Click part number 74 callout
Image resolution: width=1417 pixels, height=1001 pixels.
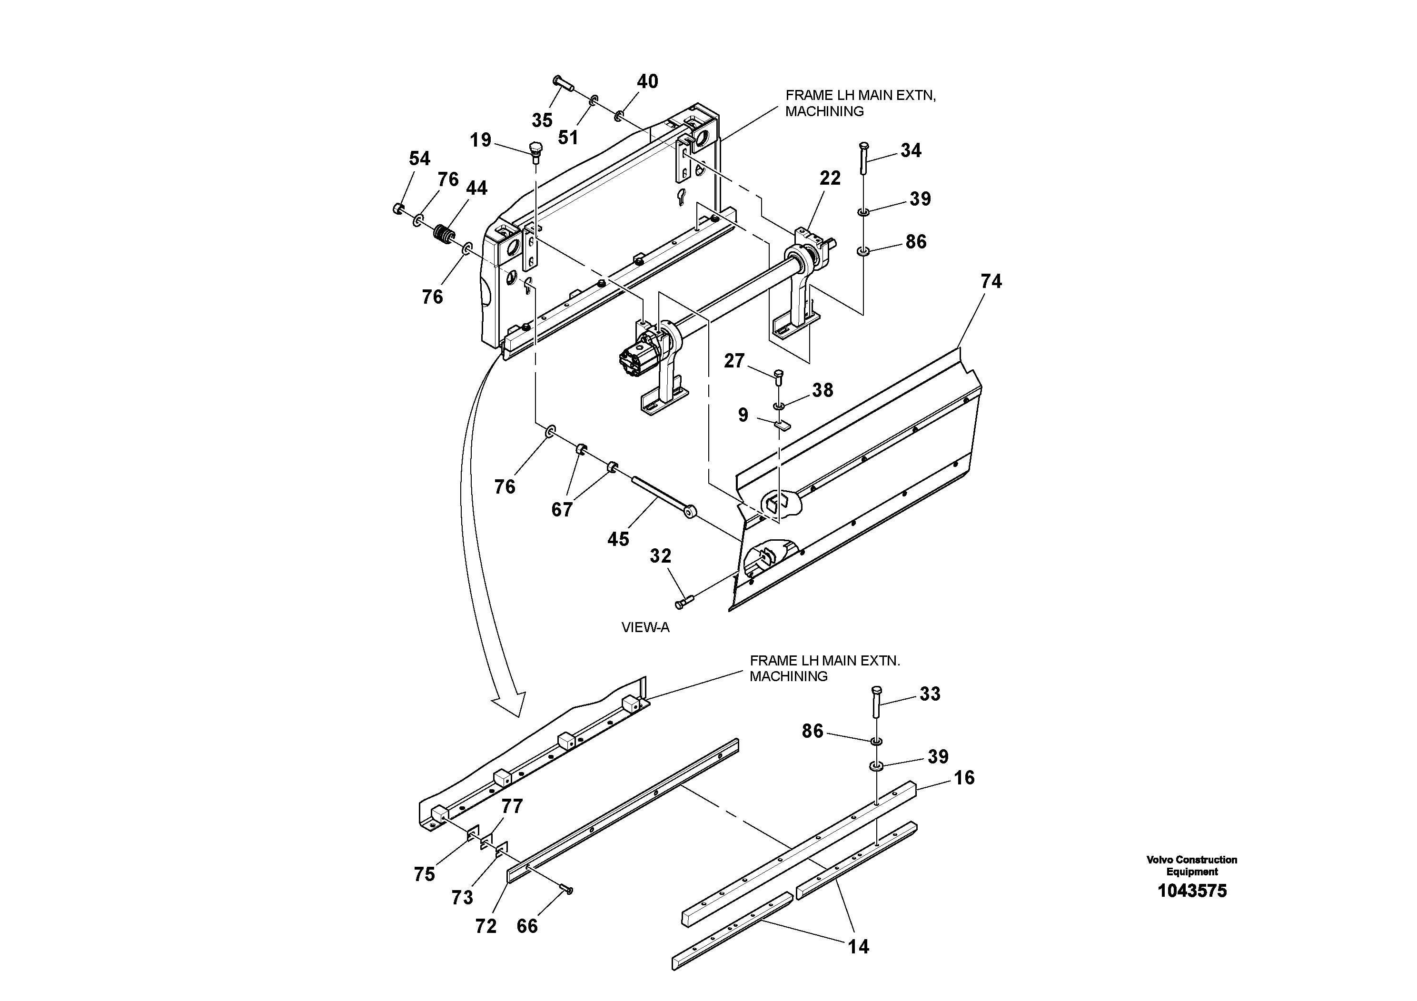click(x=991, y=281)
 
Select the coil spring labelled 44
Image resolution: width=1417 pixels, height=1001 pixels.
click(x=444, y=235)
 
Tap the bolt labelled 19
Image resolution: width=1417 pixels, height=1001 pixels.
click(x=535, y=150)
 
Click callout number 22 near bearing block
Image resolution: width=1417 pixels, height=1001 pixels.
click(x=830, y=178)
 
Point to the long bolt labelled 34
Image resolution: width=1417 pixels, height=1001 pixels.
click(x=863, y=158)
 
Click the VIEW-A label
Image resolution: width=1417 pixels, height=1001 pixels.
click(x=645, y=628)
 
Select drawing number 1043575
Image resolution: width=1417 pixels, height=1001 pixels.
click(x=1192, y=891)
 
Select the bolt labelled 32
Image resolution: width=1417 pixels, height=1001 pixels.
click(x=684, y=601)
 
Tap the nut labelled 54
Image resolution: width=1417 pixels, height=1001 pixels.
click(x=398, y=208)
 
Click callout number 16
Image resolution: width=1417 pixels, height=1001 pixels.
click(x=964, y=778)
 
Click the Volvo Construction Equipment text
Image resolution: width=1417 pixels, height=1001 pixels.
click(x=1192, y=865)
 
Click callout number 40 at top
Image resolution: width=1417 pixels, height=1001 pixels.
click(x=647, y=81)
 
